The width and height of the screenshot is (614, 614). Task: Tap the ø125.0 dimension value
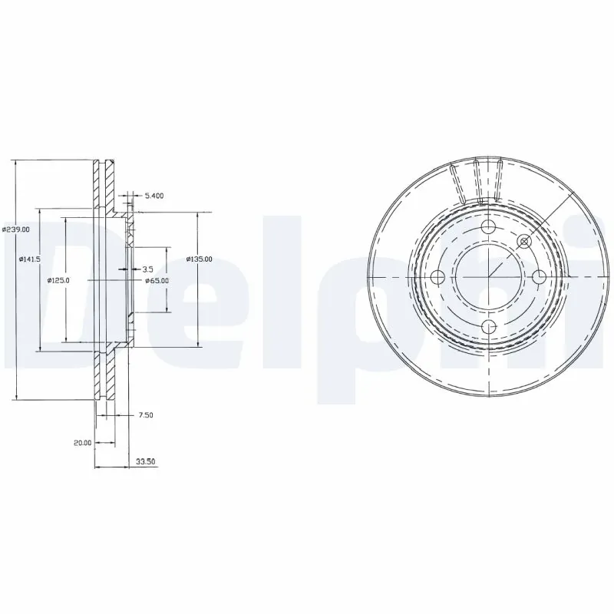pos(59,280)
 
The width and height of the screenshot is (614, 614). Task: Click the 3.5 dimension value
pos(148,269)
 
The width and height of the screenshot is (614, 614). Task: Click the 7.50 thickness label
pos(146,415)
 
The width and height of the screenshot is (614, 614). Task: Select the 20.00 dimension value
pos(82,443)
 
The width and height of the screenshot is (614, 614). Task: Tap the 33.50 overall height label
pos(146,462)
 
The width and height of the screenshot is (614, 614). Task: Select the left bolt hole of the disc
pos(439,278)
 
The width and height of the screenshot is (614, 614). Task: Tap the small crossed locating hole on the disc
pos(526,242)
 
